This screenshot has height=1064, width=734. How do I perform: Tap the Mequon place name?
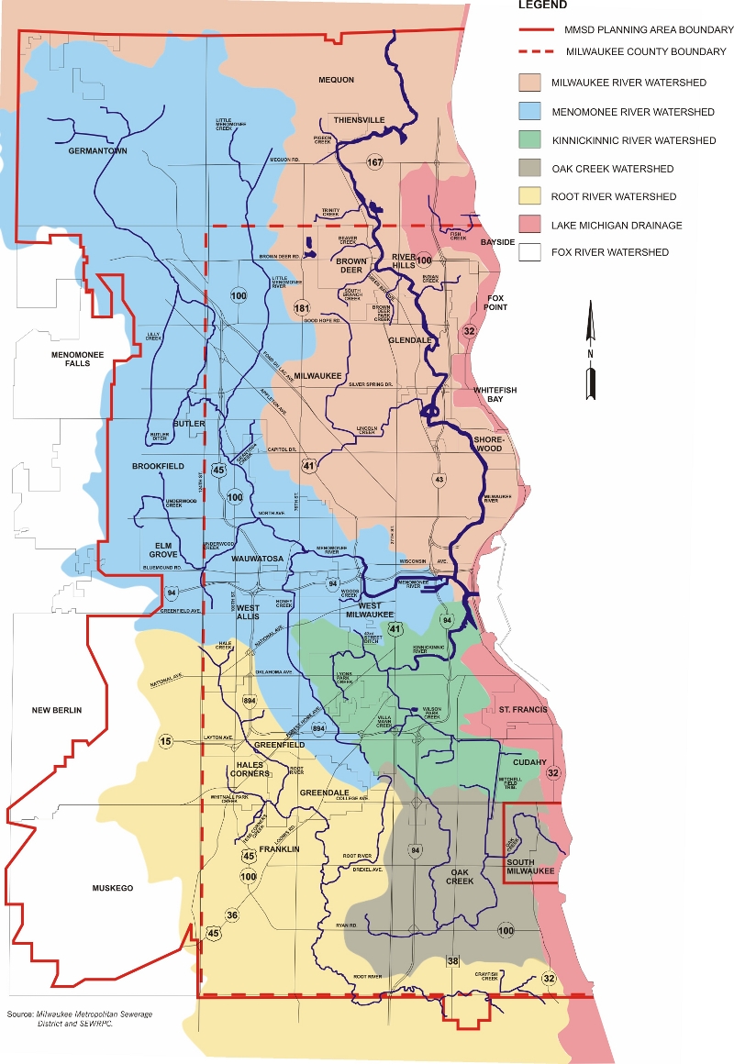336,80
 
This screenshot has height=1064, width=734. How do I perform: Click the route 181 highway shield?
303,309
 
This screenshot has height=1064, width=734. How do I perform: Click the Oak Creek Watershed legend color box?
531,169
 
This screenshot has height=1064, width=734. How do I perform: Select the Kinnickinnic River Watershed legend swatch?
531,140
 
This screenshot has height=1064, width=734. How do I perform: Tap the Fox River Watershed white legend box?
531,252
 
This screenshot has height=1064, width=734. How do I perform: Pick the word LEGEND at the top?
542,5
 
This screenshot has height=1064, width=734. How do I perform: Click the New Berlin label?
57,711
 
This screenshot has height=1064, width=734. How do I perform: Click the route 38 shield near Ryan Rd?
452,960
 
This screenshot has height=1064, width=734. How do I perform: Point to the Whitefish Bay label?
495,395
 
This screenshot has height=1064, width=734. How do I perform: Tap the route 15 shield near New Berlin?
166,741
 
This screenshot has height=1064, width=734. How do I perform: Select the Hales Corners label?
250,769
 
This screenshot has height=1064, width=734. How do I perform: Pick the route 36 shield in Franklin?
231,915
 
